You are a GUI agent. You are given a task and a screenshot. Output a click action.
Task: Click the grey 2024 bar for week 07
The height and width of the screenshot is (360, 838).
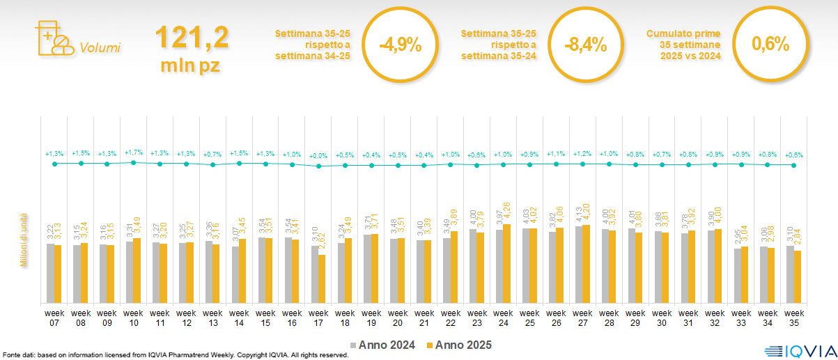(x=50, y=273)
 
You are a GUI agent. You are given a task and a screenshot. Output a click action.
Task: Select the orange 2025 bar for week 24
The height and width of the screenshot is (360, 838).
(x=507, y=263)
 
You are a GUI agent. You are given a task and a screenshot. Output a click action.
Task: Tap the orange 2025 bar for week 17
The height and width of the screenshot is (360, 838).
(x=322, y=279)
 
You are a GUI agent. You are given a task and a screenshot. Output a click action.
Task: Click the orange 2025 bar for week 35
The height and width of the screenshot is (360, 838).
(x=798, y=276)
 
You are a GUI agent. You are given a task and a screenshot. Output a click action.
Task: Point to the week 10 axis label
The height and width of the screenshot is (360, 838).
(x=134, y=318)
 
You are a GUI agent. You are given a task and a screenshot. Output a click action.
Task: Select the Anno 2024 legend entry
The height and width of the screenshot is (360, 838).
(x=383, y=345)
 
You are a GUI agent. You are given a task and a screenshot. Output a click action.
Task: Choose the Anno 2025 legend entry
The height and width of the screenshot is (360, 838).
(x=459, y=345)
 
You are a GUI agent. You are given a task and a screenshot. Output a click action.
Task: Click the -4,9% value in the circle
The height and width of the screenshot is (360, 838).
(x=401, y=45)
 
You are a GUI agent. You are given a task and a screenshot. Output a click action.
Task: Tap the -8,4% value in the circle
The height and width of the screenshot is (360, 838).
(x=586, y=45)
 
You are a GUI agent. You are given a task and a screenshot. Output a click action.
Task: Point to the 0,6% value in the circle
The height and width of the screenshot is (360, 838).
(x=770, y=45)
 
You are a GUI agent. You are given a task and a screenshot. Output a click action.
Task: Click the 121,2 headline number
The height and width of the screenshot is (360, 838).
(x=192, y=37)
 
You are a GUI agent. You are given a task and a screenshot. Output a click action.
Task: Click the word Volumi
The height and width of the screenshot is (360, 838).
(x=100, y=48)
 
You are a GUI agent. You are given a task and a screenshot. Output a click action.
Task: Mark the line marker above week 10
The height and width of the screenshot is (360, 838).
(x=134, y=162)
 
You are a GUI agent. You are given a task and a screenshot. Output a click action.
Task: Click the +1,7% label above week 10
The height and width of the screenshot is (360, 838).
(x=134, y=151)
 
